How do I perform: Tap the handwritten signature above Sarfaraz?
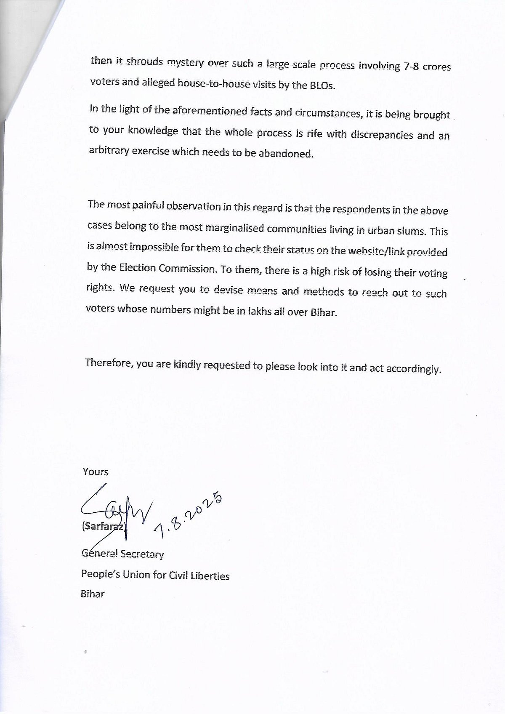pyautogui.click(x=114, y=507)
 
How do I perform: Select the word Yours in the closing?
pyautogui.click(x=96, y=472)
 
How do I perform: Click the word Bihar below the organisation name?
pyautogui.click(x=93, y=594)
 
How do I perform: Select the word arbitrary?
pyautogui.click(x=108, y=150)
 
